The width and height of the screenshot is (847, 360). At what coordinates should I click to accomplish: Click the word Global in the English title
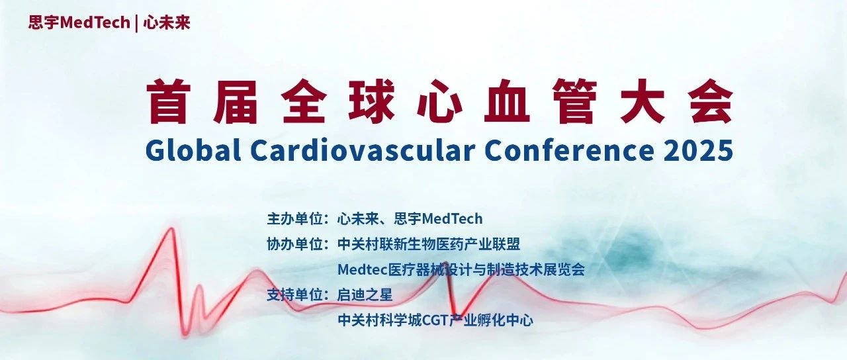pos(193,150)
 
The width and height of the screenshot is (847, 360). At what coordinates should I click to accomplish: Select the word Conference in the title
pos(569,150)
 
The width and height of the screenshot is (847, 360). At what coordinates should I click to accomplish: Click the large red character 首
pos(167,101)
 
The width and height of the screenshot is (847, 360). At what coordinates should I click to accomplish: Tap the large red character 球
pos(371,101)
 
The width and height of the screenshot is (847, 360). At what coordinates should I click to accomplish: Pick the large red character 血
pos(507,101)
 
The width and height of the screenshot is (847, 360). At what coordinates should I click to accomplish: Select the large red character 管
pos(574,101)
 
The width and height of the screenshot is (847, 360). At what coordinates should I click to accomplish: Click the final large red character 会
pos(711,101)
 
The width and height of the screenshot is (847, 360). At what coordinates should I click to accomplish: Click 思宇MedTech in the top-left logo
pos(79,22)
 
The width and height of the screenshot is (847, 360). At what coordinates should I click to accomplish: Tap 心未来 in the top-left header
pos(167,22)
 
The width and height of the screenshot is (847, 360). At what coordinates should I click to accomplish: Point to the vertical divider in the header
pos(136,23)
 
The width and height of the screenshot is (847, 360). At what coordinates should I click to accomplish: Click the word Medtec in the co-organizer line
pos(363,269)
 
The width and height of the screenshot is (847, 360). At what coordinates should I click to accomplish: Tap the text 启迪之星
pos(365,294)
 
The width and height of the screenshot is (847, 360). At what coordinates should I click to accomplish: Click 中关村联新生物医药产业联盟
pos(429,244)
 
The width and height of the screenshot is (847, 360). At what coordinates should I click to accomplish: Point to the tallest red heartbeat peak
pos(171,228)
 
